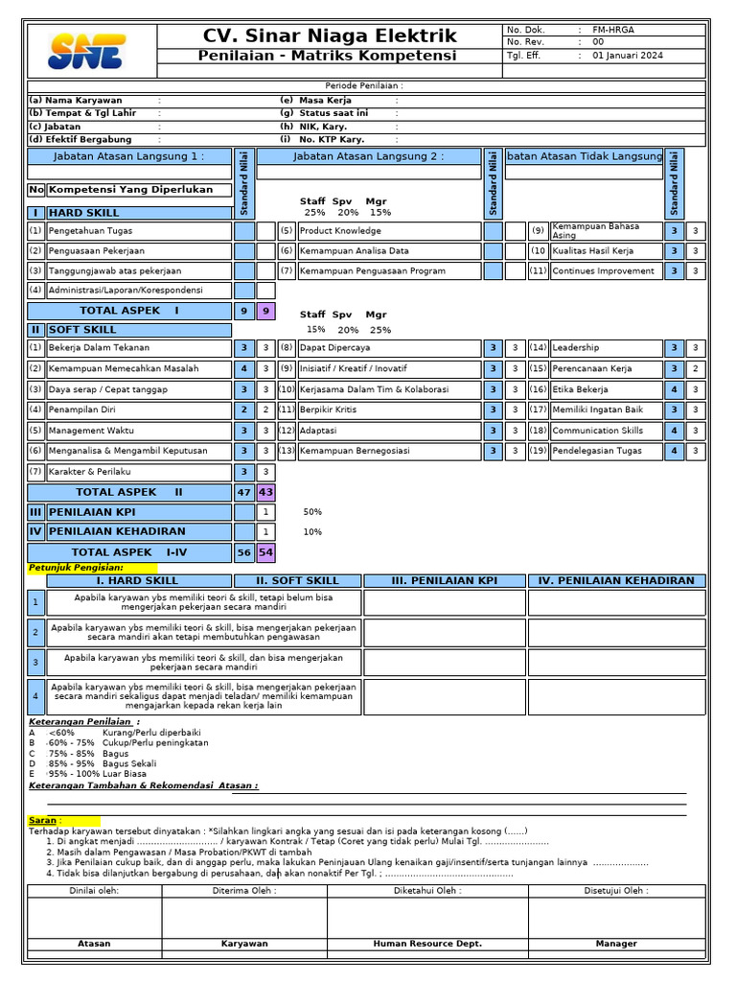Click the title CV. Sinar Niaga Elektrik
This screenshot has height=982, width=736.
click(x=331, y=36)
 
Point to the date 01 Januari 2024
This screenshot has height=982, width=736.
click(x=628, y=56)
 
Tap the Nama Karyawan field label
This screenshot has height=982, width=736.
click(x=76, y=101)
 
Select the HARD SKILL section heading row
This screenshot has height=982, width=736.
click(x=129, y=213)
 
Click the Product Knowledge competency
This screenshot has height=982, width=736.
click(x=340, y=231)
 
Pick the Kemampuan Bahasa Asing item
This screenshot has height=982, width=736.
click(x=595, y=231)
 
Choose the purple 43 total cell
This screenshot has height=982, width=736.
click(x=265, y=492)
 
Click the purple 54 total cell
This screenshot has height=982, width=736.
click(x=265, y=552)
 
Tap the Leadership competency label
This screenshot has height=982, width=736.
click(x=576, y=348)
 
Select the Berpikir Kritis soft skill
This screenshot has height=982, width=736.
click(x=328, y=409)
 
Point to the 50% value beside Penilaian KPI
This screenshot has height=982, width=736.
click(x=312, y=512)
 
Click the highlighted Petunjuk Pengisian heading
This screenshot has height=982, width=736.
click(x=76, y=569)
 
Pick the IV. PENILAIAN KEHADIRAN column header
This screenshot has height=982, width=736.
click(x=616, y=580)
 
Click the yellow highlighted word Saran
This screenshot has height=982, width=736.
click(x=43, y=820)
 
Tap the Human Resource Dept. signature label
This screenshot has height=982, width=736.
click(x=427, y=944)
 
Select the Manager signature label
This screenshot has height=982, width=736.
click(x=615, y=944)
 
